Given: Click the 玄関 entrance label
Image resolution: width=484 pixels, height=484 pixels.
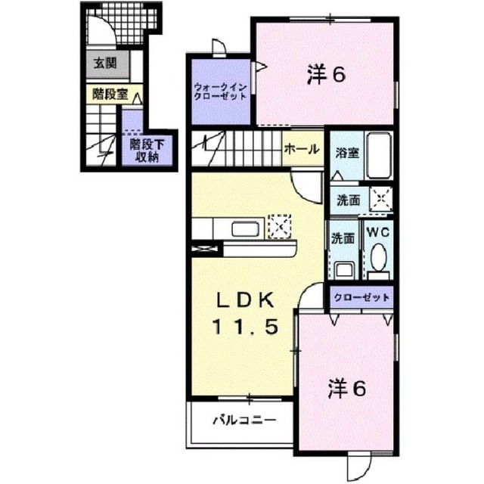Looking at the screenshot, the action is coord(105,64).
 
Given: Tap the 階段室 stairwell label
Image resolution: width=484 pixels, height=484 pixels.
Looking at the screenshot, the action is coord(110,94).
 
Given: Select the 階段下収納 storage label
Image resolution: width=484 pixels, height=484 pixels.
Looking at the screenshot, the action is coord(147,150).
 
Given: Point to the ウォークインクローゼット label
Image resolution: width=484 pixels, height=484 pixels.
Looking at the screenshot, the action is coord(220,92).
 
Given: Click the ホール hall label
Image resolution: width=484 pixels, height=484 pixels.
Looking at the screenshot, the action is coord(302,149).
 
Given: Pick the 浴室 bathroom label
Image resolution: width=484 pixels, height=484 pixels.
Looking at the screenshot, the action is coord(347,153).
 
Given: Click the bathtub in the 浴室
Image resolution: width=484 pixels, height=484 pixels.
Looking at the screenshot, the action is coord(379,156).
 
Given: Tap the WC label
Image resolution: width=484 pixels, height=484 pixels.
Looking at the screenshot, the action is coord(378,232).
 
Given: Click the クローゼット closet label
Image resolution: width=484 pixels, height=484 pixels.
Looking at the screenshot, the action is coord(361,297).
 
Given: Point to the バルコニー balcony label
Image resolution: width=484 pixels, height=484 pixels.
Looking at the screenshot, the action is coord(244,420).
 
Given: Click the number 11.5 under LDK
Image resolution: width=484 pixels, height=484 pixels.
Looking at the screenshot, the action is coord(245,327).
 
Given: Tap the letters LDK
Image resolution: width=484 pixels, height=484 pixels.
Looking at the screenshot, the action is coord(245,300).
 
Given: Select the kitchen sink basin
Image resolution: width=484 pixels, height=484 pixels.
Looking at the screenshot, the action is coord(247,228).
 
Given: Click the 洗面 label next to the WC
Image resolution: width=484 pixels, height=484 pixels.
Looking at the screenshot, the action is coord(343,238).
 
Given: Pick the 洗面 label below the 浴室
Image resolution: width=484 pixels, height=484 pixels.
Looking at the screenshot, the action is coord(348,200).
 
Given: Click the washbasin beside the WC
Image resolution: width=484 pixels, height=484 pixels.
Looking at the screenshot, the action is coord(346,270).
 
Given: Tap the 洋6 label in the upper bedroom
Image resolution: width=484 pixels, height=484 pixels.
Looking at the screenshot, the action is coord(326,74).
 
